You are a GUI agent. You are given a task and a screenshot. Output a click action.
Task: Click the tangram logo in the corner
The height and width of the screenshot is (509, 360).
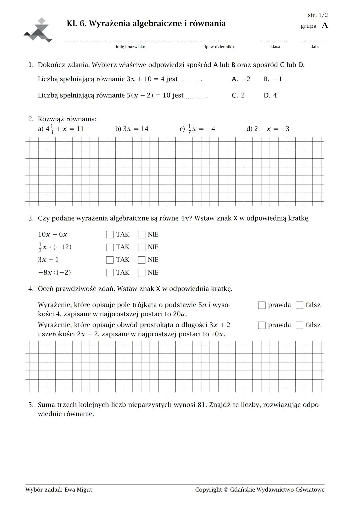pyautogui.click(x=38, y=31)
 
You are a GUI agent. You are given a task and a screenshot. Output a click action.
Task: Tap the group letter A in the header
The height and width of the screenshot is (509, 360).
pyautogui.click(x=325, y=26)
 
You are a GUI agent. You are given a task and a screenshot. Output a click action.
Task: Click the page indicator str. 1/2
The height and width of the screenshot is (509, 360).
pyautogui.click(x=318, y=15)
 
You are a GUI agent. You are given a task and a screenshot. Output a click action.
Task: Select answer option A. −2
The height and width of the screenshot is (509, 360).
pyautogui.click(x=241, y=79)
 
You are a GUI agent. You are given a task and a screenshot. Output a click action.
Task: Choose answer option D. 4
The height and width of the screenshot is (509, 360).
pyautogui.click(x=270, y=95)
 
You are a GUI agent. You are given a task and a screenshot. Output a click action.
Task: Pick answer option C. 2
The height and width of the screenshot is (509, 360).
pyautogui.click(x=238, y=95)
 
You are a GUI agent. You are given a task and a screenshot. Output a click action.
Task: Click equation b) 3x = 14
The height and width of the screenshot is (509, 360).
pyautogui.click(x=132, y=129)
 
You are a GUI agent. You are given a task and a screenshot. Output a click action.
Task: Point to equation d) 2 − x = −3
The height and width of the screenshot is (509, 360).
pyautogui.click(x=268, y=129)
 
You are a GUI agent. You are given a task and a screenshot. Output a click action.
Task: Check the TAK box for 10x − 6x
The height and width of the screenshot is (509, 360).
pyautogui.click(x=110, y=235)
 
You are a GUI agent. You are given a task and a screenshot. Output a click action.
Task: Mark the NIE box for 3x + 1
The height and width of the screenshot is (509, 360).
pyautogui.click(x=142, y=260)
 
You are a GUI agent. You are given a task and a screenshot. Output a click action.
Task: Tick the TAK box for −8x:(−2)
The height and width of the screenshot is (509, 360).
pyautogui.click(x=110, y=273)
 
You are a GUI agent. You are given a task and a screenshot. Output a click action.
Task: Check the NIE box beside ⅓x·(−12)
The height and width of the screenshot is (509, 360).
pyautogui.click(x=142, y=247)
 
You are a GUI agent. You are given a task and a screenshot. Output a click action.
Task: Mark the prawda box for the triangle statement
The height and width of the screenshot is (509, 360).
pyautogui.click(x=262, y=305)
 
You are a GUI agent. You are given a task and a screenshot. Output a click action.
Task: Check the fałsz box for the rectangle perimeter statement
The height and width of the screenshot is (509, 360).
pyautogui.click(x=300, y=325)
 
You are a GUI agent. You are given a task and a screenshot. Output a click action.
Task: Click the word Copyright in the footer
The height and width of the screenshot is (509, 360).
pyautogui.click(x=208, y=490)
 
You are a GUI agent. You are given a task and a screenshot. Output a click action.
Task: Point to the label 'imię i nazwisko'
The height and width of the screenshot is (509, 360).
pyautogui.click(x=130, y=47)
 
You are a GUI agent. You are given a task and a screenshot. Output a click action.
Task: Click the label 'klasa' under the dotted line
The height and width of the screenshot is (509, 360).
pyautogui.click(x=275, y=47)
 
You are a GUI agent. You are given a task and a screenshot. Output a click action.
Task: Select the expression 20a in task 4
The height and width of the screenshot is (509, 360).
pyautogui.click(x=179, y=314)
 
